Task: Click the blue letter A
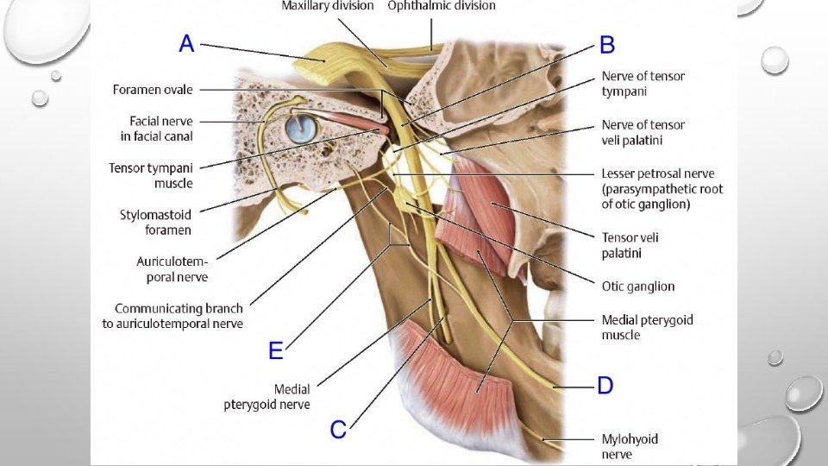tap(187, 44)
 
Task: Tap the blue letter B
tap(607, 45)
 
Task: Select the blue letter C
tap(338, 429)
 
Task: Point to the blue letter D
tap(605, 385)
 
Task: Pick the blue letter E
tap(276, 349)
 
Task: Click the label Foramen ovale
tap(153, 90)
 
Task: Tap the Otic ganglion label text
tap(637, 287)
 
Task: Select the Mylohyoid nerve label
tap(630, 446)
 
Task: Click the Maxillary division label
tap(328, 6)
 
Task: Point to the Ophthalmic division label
tap(442, 6)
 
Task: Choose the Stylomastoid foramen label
tap(155, 222)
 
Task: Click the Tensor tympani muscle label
tap(150, 175)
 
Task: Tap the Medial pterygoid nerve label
tap(267, 397)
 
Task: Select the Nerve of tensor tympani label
tap(643, 83)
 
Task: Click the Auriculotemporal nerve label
tap(172, 268)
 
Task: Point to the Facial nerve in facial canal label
tap(156, 129)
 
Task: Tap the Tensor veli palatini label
tap(630, 245)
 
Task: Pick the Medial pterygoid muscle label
tap(647, 327)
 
